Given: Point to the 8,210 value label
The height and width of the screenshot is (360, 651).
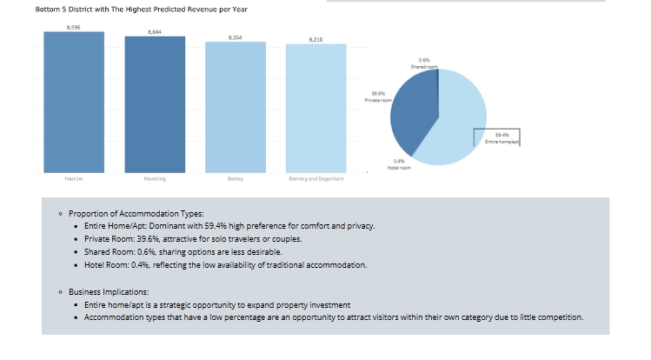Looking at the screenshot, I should pos(316,39).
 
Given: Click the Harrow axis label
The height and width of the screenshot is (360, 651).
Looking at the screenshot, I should pos(73,179).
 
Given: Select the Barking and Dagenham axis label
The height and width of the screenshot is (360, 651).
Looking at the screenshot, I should pos(316,179).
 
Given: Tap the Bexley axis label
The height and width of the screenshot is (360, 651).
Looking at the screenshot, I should pos(236,179).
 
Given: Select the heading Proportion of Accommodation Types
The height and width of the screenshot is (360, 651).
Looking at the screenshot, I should pos(136,213).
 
